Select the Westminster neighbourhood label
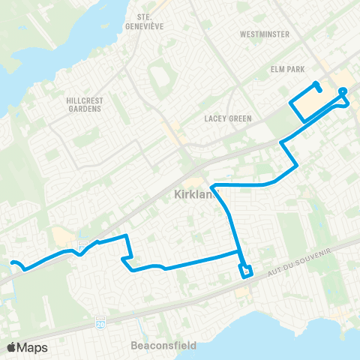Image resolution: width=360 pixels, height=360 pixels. click(x=265, y=34)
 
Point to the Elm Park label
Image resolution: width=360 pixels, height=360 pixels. click(x=289, y=70)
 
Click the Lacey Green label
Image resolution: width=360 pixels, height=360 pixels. click(x=226, y=118)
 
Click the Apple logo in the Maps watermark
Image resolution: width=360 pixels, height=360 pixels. click(x=12, y=347)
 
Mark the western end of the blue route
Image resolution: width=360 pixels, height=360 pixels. click(x=12, y=262)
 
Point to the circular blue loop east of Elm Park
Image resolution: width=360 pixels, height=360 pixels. click(x=343, y=92)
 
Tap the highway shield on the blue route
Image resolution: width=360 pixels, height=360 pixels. click(x=83, y=244)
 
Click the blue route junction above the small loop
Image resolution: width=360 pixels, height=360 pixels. click(x=238, y=253)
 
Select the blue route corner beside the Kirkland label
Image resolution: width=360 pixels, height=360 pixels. click(x=213, y=185)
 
